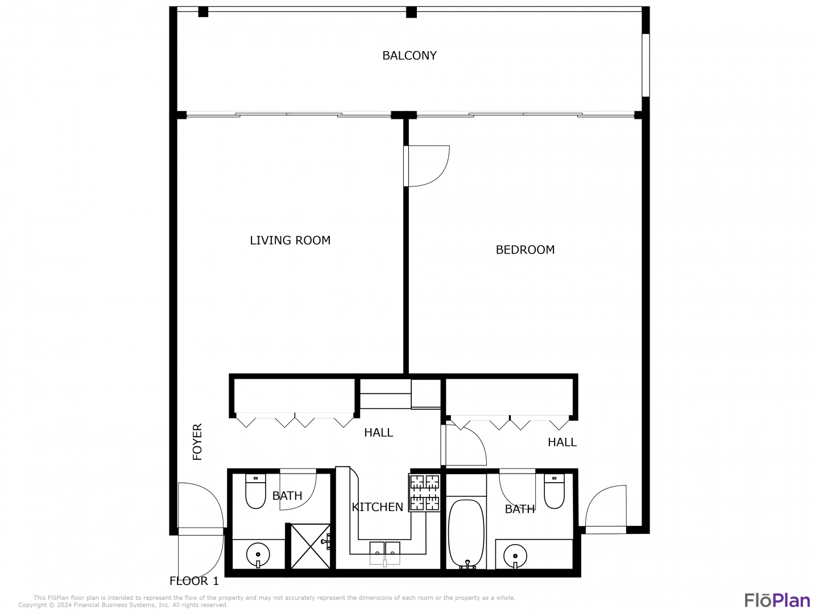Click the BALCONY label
(x=409, y=56)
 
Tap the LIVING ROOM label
(x=290, y=240)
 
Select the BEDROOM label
(x=524, y=250)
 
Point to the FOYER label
(x=197, y=442)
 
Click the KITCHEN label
(x=377, y=507)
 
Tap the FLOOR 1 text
(x=194, y=581)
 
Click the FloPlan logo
(x=777, y=600)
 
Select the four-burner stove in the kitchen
(x=424, y=492)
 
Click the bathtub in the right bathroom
(x=466, y=534)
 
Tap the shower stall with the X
(x=311, y=546)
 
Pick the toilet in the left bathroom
(x=255, y=491)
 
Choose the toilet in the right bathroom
(x=554, y=491)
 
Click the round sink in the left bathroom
(x=258, y=555)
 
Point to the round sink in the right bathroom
(x=515, y=556)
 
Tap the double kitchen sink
(x=384, y=553)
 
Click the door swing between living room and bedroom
(x=440, y=175)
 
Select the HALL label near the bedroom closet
(x=562, y=442)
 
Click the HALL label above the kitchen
(x=378, y=433)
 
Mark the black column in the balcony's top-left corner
(x=203, y=12)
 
